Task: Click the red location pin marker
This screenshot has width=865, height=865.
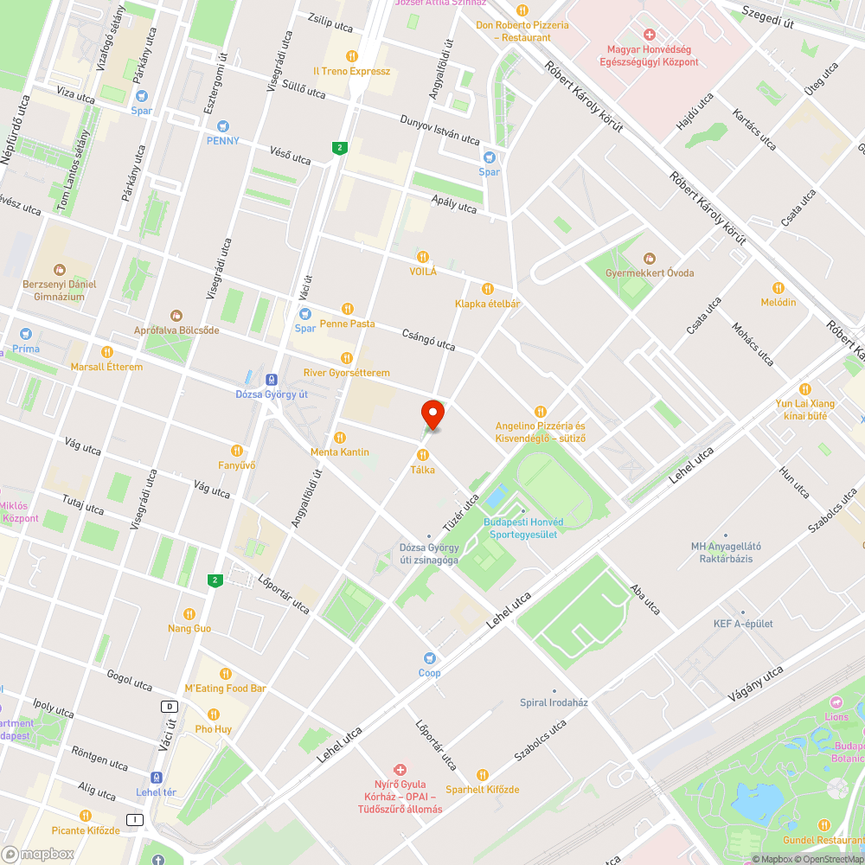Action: (432, 414)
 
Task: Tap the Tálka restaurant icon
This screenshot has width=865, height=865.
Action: (423, 455)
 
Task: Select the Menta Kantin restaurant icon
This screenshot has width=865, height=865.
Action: (340, 438)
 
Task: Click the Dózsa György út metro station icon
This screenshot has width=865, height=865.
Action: (272, 379)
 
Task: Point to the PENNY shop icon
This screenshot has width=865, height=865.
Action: (222, 126)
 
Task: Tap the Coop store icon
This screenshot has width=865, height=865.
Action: (429, 658)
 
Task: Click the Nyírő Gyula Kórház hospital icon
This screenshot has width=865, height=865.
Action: (400, 769)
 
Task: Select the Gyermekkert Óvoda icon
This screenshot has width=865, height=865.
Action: (650, 258)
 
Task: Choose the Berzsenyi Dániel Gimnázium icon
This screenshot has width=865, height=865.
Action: (59, 270)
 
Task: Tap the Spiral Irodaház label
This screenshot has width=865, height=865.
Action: (554, 702)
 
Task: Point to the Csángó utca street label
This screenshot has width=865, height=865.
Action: (428, 339)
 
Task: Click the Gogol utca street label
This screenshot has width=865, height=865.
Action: (129, 681)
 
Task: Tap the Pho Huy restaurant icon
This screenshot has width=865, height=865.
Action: (214, 714)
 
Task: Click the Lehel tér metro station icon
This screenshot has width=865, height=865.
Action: (157, 777)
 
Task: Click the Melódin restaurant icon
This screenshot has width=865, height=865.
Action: (778, 287)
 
